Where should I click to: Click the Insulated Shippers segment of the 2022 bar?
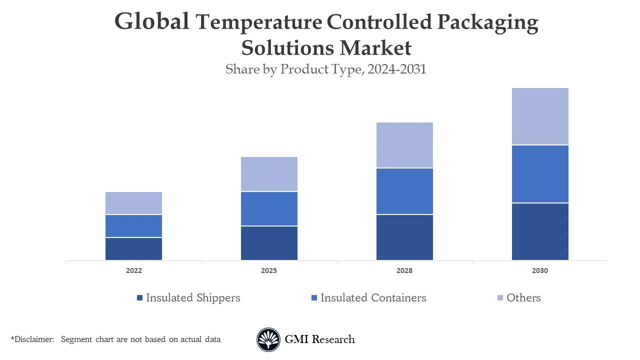click(133, 248)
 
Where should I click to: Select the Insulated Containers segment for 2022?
click(133, 226)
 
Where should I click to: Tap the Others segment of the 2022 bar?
click(133, 203)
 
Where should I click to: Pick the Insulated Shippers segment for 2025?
click(269, 243)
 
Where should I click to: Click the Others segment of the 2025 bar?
click(269, 174)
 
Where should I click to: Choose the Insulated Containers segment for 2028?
click(404, 191)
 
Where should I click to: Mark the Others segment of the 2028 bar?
click(404, 145)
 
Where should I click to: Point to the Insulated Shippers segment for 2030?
click(540, 231)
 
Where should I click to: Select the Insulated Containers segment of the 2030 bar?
click(540, 174)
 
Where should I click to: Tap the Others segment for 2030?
click(540, 116)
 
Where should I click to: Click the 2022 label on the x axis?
click(133, 270)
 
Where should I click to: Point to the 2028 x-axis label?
click(404, 270)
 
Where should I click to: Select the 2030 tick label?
click(540, 270)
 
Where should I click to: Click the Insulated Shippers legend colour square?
click(139, 298)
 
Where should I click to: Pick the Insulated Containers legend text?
click(373, 298)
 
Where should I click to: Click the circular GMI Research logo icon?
click(268, 340)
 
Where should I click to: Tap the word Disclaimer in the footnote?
click(33, 339)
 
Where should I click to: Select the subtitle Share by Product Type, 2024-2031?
click(325, 69)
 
